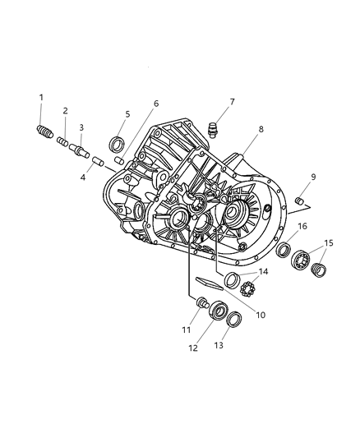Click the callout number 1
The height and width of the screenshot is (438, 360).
41,99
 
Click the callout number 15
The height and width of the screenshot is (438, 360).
328,243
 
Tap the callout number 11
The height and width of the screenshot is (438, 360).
187,330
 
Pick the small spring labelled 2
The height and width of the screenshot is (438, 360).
62,141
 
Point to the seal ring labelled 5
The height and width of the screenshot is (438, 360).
118,140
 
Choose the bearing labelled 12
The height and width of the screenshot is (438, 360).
218,311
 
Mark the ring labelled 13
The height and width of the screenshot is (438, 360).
234,319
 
